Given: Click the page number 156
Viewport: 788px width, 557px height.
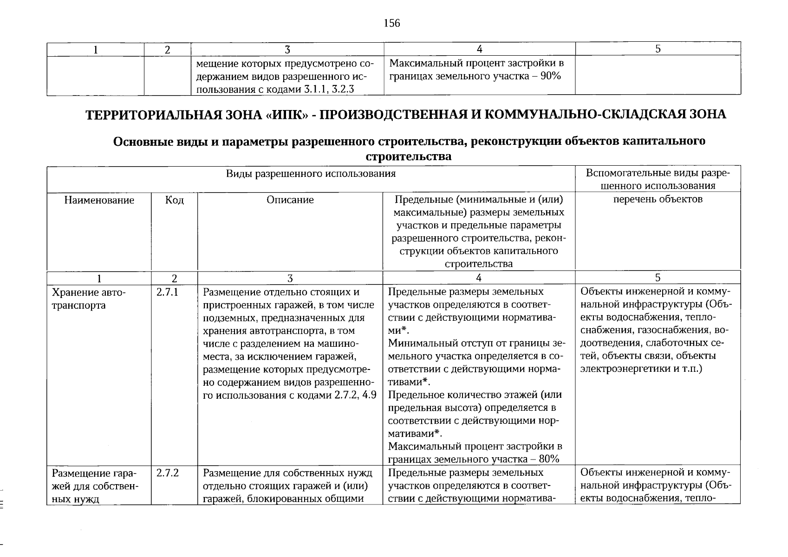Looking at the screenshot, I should tap(391, 23).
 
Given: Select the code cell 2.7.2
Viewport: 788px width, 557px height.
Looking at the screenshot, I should tap(168, 473).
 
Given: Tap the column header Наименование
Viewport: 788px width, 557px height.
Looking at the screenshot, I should tap(99, 200).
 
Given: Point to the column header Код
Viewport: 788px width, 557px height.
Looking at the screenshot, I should tap(174, 200).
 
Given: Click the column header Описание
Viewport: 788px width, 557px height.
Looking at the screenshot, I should tap(290, 200).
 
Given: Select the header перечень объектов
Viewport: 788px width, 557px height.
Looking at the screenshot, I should tap(658, 199).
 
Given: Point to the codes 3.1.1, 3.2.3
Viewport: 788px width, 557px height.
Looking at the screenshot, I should tap(329, 90).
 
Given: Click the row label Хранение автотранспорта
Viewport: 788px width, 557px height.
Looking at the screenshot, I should tap(88, 299).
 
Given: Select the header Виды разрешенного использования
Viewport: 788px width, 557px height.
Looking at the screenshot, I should tap(311, 174).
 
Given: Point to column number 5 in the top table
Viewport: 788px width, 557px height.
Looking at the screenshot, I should tap(658, 49).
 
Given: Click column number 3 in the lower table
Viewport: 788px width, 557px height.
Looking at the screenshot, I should tap(290, 278).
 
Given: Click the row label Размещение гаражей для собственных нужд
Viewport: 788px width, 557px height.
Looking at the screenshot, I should tap(95, 486).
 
